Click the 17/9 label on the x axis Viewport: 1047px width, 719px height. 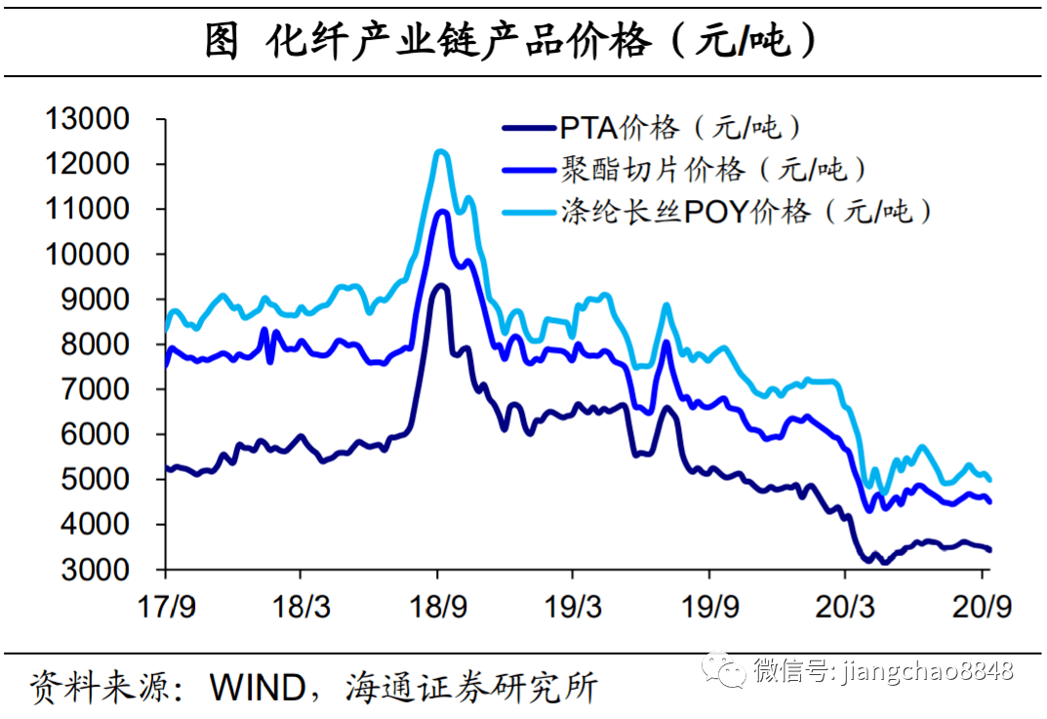[164, 606]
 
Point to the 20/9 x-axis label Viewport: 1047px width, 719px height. [983, 606]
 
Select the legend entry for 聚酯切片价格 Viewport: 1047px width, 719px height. [713, 169]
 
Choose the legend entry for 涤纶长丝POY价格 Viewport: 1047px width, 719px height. [746, 211]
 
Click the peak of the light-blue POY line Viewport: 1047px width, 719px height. [440, 151]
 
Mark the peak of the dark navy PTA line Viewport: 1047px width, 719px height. [441, 285]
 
